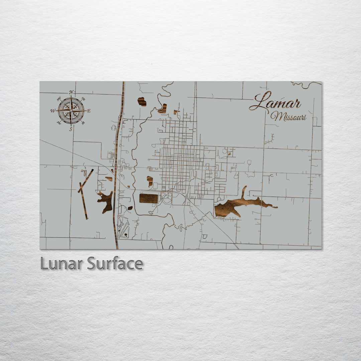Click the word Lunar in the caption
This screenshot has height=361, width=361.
[62, 264]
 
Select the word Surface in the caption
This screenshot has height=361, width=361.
[115, 264]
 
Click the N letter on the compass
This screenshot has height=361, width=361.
[71, 92]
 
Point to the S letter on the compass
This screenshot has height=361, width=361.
[71, 129]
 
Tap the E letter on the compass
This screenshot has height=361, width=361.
[89, 111]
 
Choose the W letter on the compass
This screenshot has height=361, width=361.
[52, 111]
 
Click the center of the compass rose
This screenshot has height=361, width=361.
[71, 111]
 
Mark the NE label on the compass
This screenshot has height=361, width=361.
[83, 99]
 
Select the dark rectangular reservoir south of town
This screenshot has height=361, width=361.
[148, 198]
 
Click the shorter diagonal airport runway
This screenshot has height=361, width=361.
[86, 180]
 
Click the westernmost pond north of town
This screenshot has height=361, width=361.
[142, 102]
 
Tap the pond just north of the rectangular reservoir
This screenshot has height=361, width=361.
[150, 181]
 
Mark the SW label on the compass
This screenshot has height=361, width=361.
[59, 123]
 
